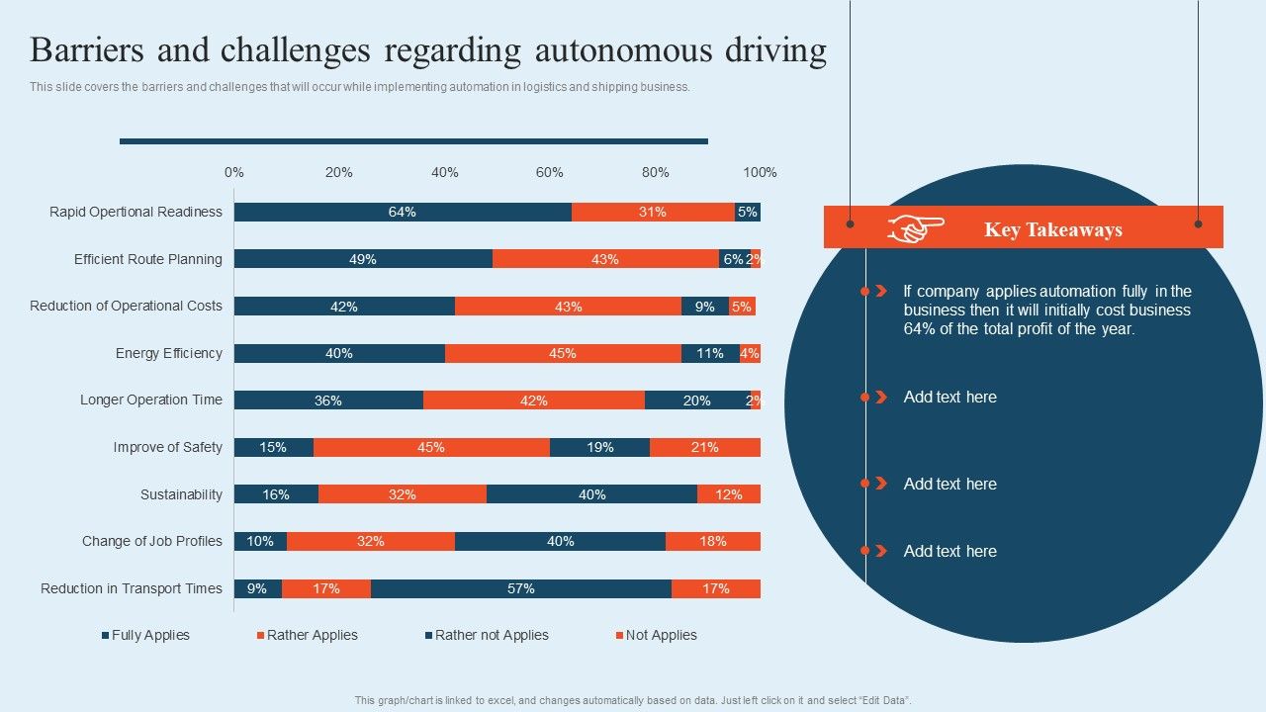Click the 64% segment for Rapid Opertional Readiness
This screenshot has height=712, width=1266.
pos(403,212)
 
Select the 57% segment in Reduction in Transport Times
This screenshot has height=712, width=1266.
pos(521,588)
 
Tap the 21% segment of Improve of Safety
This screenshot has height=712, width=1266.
pos(705,447)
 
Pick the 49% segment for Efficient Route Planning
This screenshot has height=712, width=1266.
pos(363,259)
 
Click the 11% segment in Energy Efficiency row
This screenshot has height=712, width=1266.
pos(710,353)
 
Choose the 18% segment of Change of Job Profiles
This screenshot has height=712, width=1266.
pos(713,541)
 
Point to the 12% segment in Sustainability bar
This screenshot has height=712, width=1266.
pos(729,494)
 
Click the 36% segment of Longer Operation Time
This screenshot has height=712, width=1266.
pos(328,400)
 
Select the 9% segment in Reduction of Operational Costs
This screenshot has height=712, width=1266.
pos(705,307)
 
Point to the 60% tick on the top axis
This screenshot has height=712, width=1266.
pos(550,172)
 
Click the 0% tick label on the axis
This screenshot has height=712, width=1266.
pos(234,172)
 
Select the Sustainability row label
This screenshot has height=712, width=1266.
pos(181,494)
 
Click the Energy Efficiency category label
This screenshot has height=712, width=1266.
pos(169,353)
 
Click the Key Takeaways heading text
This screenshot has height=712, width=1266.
pos(1052,229)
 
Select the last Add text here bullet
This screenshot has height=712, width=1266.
pos(949,551)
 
